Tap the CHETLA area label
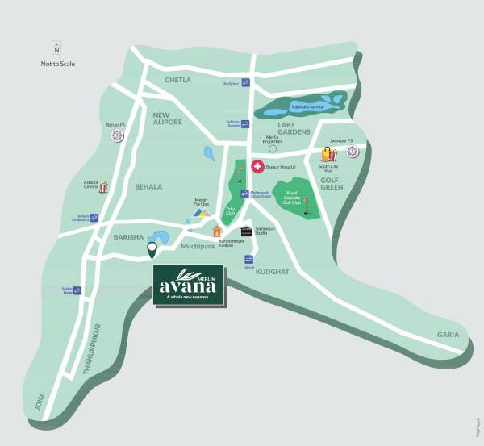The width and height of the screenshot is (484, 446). tap(177, 81)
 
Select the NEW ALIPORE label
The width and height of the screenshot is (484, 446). tap(168, 118)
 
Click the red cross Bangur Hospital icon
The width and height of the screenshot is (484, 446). tap(258, 167)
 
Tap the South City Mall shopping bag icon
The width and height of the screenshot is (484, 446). tap(328, 153)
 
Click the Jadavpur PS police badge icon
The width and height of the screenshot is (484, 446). tap(353, 152)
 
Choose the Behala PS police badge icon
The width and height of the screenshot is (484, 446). tap(118, 135)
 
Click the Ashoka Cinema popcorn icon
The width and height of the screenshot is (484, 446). tap(102, 188)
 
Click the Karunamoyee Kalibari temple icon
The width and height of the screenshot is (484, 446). tap(216, 231)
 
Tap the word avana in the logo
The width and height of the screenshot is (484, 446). tap(188, 285)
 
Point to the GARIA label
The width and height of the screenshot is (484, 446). tap(448, 334)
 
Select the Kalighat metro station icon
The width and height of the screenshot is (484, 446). tap(245, 83)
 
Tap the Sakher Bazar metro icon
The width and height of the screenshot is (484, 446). tap(77, 290)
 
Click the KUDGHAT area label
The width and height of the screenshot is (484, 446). tap(272, 273)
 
